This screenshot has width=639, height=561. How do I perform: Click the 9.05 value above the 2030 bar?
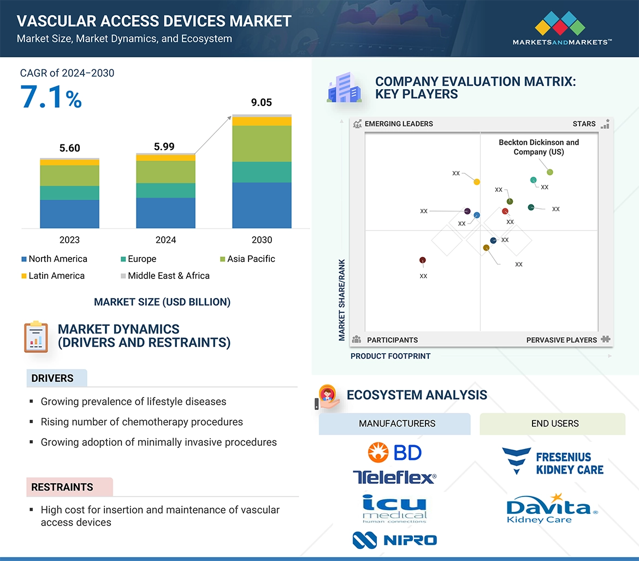tap(262, 103)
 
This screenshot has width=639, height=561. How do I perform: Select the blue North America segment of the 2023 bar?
tap(69, 213)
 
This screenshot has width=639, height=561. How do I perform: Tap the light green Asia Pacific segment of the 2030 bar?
tap(262, 143)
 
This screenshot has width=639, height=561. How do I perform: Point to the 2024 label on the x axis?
tap(165, 239)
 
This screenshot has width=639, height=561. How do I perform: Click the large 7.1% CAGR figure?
tap(51, 97)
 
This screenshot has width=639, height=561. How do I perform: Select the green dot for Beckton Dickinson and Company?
tap(550, 172)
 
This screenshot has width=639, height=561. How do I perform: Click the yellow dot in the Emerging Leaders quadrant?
tap(477, 182)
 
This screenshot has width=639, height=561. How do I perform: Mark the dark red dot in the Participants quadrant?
tap(422, 260)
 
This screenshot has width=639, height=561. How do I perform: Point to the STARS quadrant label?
tap(584, 124)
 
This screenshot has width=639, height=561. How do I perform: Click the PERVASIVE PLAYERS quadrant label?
tap(561, 340)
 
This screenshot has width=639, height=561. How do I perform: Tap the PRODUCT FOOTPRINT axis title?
tap(390, 356)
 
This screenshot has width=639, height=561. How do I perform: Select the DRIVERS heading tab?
tap(53, 378)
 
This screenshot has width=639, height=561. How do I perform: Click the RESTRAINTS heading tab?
tap(62, 487)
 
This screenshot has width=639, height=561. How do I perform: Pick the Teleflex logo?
tap(394, 477)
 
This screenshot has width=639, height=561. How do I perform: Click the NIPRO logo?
tap(394, 540)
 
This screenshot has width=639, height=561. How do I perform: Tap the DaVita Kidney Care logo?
tap(552, 509)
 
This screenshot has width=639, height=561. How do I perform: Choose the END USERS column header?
tap(555, 423)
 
